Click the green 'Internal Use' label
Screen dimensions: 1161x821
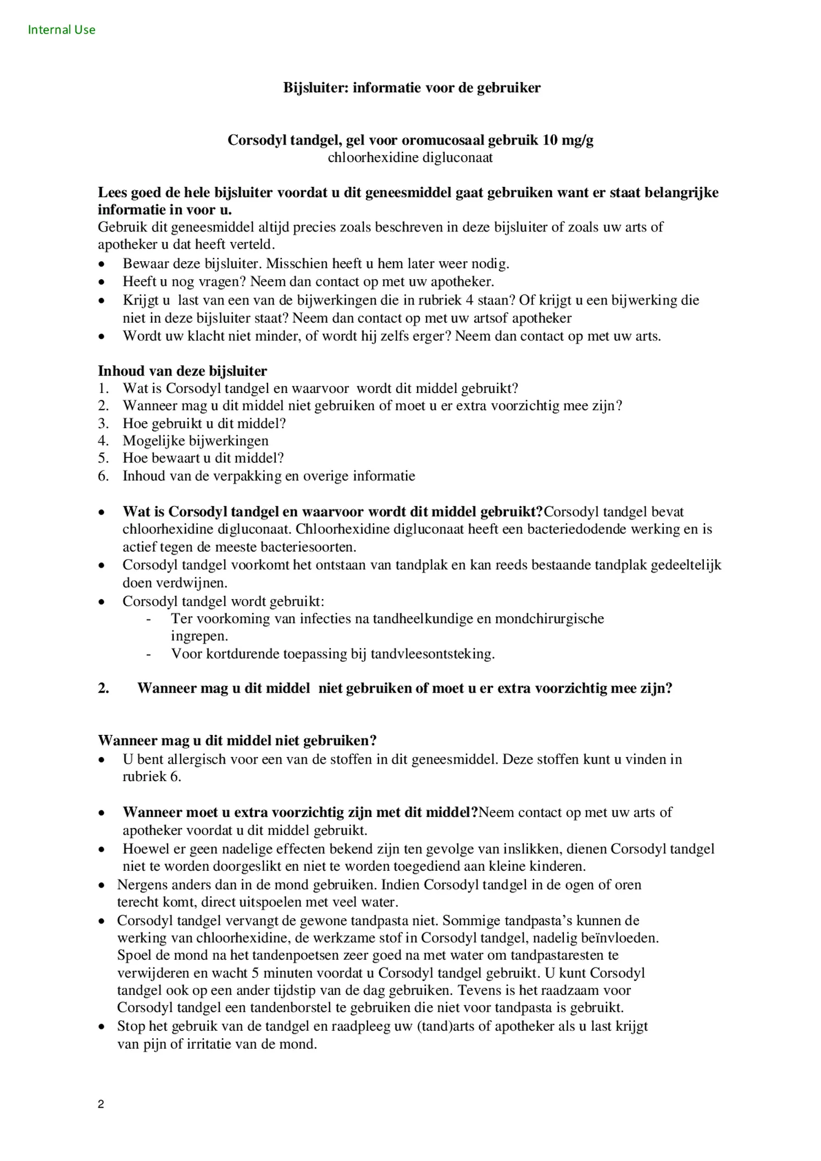(62, 30)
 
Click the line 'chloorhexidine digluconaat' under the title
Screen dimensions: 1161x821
(410, 158)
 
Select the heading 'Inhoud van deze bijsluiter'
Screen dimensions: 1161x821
(182, 371)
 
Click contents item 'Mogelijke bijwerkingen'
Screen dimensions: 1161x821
(195, 441)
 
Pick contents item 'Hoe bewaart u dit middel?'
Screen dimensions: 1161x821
(203, 458)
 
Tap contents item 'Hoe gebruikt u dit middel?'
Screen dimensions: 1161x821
(204, 424)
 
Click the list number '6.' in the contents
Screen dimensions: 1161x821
(104, 476)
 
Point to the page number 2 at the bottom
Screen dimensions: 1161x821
(101, 1104)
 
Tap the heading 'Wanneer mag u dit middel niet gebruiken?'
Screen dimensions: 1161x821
(237, 740)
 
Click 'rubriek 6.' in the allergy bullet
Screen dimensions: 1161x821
(152, 777)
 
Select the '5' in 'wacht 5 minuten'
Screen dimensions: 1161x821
(255, 973)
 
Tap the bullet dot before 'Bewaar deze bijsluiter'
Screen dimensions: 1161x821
(102, 264)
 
